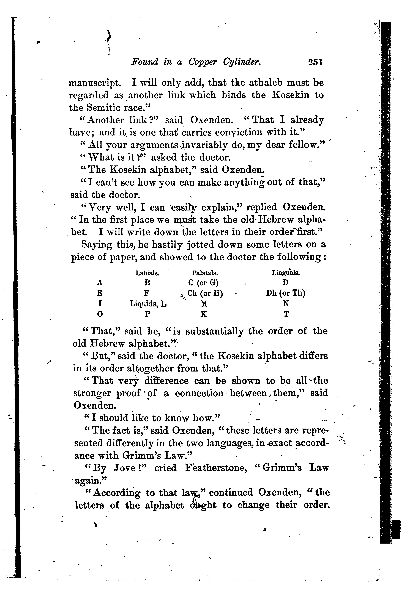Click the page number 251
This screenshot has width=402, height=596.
315,62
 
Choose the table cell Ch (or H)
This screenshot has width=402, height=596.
205,293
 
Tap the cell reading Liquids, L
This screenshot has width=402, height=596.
148,304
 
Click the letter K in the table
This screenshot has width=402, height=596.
203,314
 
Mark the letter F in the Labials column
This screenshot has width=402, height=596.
147,293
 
